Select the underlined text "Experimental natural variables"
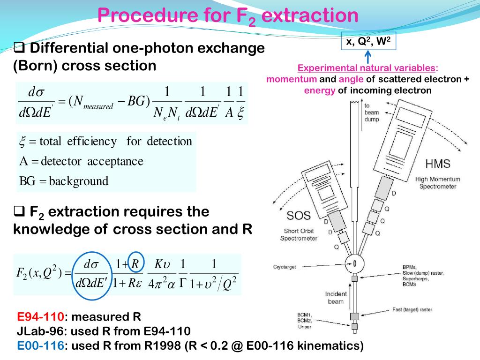(x=368, y=68)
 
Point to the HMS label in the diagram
(x=438, y=164)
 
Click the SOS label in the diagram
(x=299, y=216)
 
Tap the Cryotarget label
(x=285, y=267)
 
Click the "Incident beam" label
(x=336, y=298)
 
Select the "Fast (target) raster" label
(x=413, y=310)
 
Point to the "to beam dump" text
(x=372, y=112)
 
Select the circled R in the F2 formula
(x=135, y=263)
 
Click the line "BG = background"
(x=64, y=181)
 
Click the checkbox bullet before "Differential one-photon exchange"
(x=19, y=47)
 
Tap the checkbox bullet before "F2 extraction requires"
(x=19, y=212)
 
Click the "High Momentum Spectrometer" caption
(x=438, y=183)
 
